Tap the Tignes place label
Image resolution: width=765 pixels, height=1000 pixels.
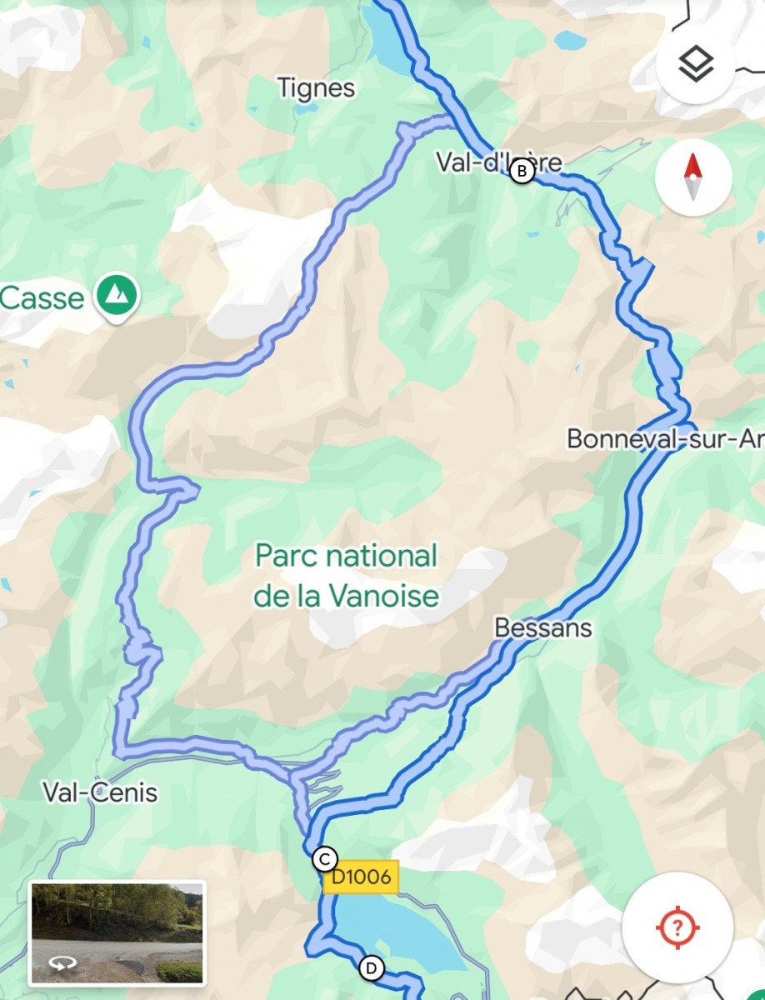pyautogui.click(x=316, y=87)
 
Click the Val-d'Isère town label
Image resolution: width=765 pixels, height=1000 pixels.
pyautogui.click(x=497, y=162)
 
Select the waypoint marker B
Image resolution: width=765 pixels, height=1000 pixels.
pyautogui.click(x=522, y=172)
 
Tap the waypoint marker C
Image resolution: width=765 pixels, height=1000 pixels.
pyautogui.click(x=324, y=858)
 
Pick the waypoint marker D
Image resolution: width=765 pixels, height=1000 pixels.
pyautogui.click(x=372, y=968)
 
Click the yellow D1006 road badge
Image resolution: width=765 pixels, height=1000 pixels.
pyautogui.click(x=360, y=877)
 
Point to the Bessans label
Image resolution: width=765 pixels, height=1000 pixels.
pyautogui.click(x=542, y=627)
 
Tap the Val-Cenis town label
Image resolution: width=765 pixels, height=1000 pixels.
pyautogui.click(x=100, y=792)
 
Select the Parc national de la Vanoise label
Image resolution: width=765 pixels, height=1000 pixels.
pyautogui.click(x=347, y=575)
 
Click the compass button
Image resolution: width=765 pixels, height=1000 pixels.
pyautogui.click(x=693, y=177)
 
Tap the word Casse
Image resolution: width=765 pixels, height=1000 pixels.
pyautogui.click(x=42, y=297)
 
